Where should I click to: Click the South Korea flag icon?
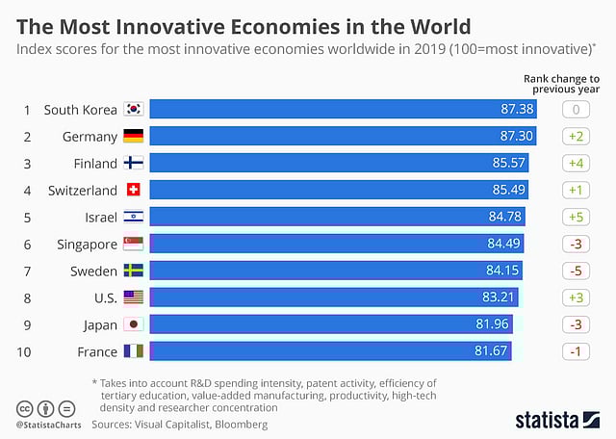tap(134, 110)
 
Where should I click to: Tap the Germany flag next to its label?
tap(134, 137)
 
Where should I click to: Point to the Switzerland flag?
tap(134, 191)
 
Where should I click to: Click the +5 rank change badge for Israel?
tap(577, 218)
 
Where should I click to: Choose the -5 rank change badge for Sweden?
tap(577, 271)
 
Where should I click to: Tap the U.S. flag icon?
tap(134, 298)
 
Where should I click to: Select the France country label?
tap(97, 352)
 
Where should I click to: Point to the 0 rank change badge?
tap(577, 110)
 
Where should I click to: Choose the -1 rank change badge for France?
tap(577, 352)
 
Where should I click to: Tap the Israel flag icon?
tap(134, 218)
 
